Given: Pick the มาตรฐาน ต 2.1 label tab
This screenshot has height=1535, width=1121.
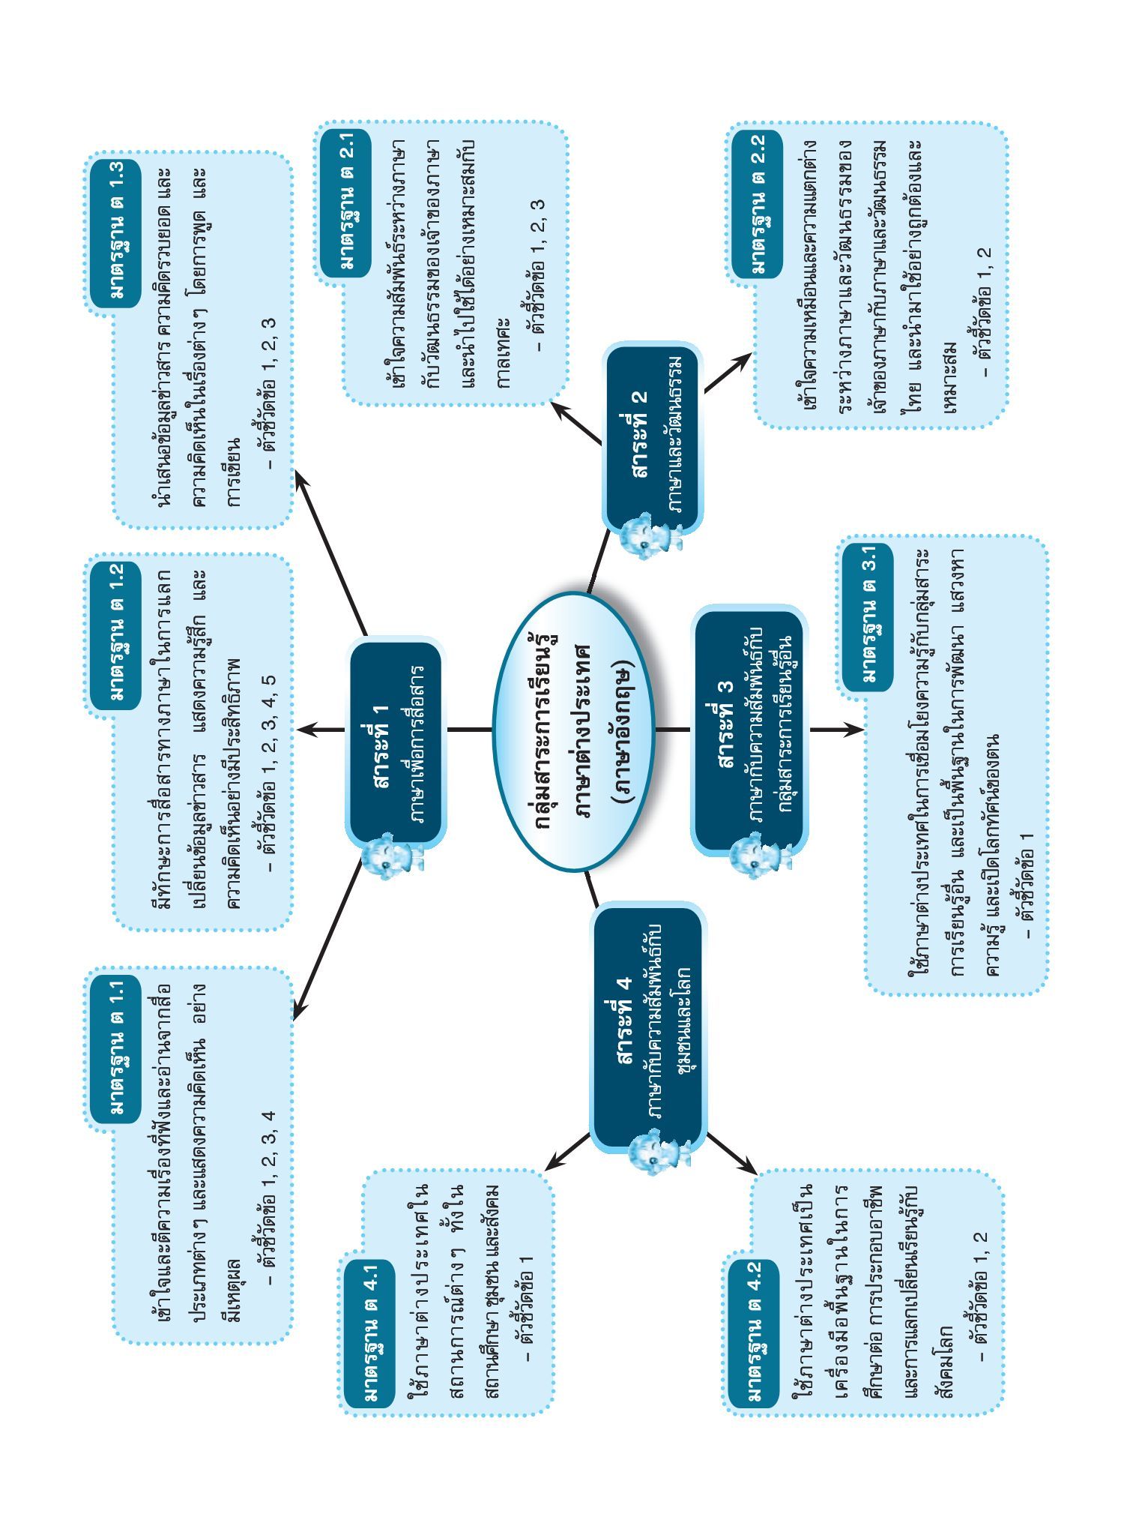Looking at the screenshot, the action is pos(345,202).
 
